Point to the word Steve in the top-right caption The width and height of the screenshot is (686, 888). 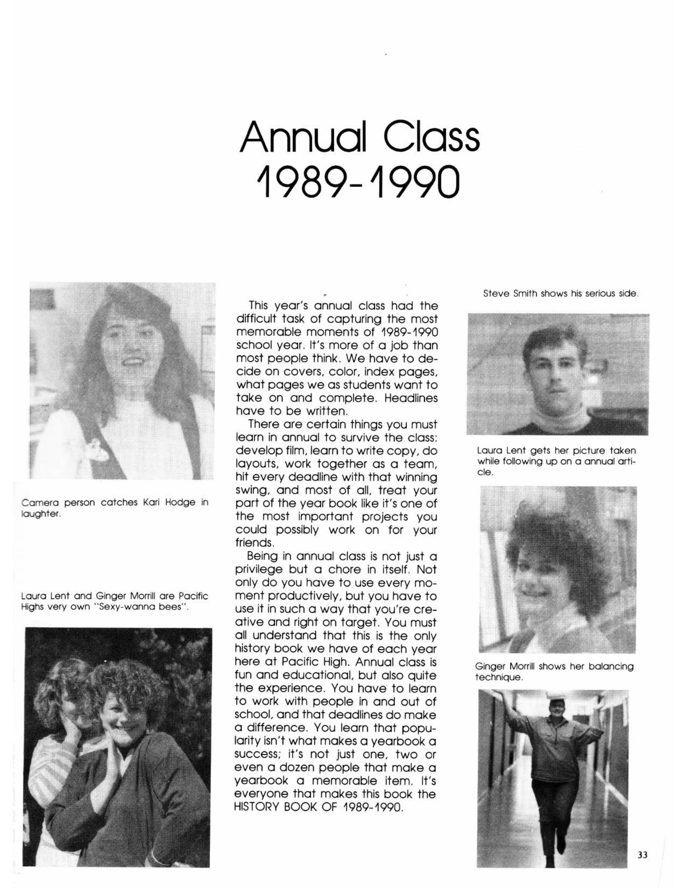click(494, 293)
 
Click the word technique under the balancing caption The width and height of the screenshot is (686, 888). click(498, 677)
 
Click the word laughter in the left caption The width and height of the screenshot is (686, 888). click(41, 514)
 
